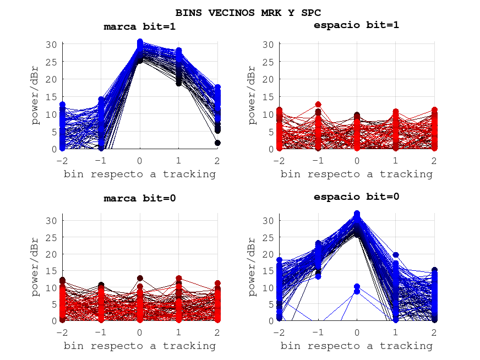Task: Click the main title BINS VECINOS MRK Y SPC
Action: click(248, 12)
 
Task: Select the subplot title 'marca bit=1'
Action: click(139, 26)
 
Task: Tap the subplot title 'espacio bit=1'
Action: click(356, 25)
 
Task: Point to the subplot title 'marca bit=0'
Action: click(139, 199)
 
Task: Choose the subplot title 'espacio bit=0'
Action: click(356, 197)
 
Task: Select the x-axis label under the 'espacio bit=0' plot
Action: click(356, 346)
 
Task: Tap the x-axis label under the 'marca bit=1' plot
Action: click(139, 174)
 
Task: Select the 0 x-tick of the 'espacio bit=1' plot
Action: click(357, 160)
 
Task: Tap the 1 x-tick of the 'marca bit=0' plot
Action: click(179, 332)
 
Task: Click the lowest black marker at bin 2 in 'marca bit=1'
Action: click(217, 143)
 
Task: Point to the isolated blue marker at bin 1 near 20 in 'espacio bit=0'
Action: click(396, 255)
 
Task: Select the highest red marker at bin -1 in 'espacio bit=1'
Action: click(318, 104)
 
